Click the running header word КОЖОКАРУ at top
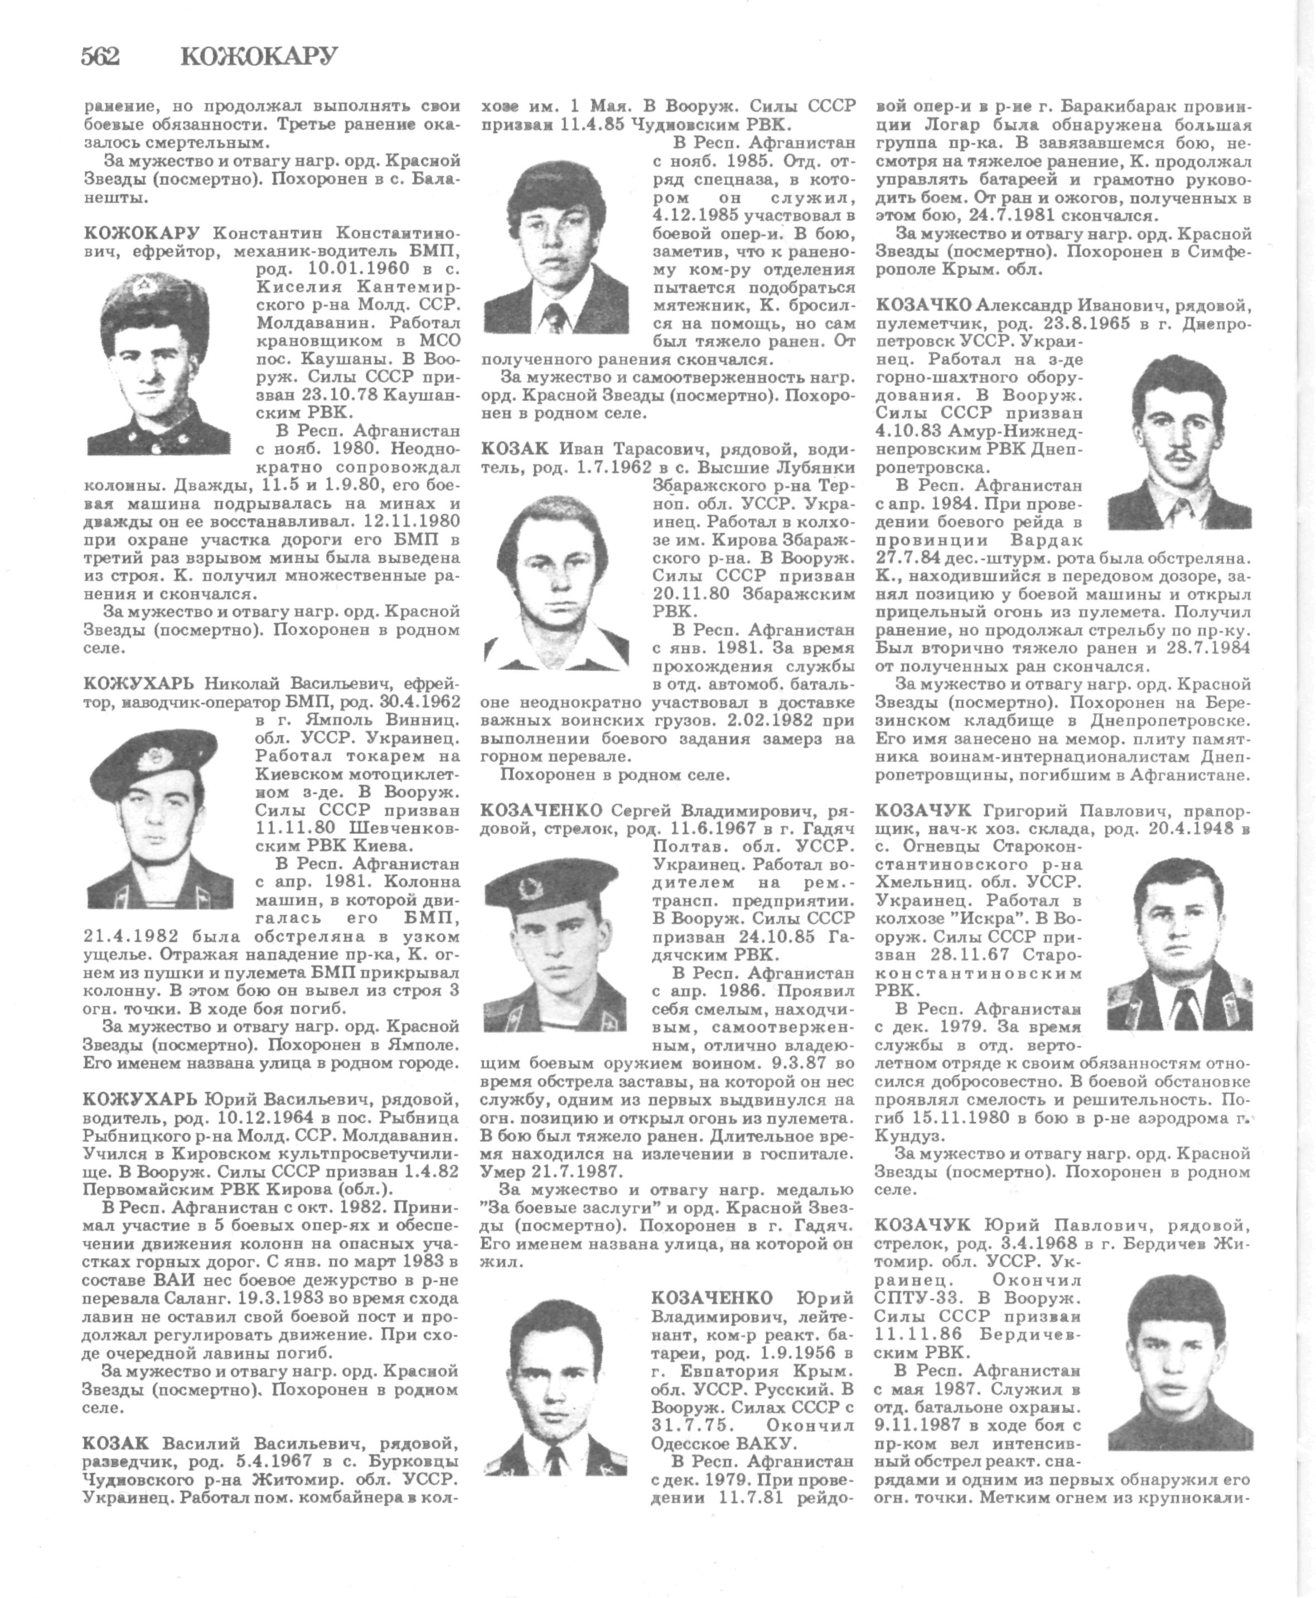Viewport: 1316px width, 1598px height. point(259,57)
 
